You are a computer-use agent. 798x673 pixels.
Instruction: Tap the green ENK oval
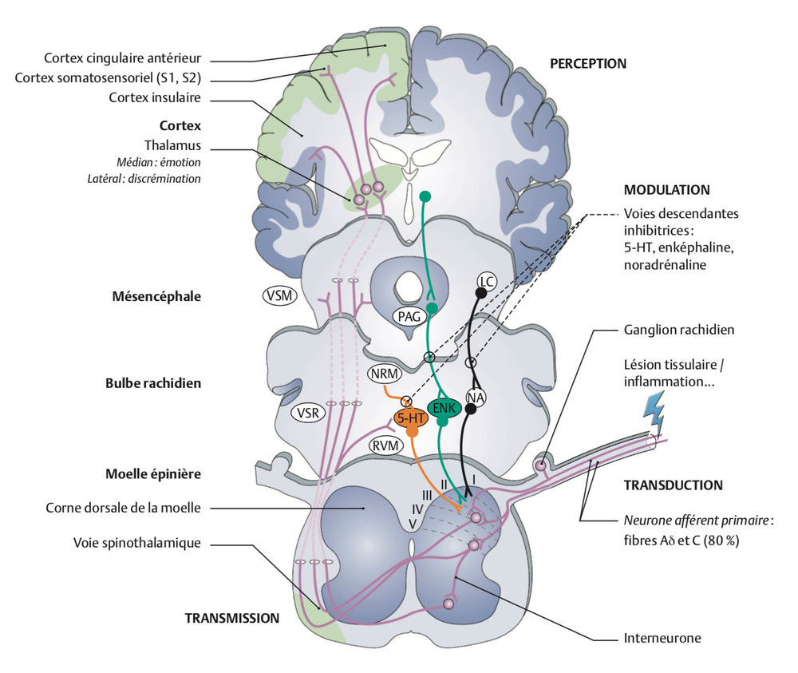(443, 408)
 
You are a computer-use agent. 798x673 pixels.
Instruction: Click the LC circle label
(486, 281)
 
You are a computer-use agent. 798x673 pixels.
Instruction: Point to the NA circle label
(476, 397)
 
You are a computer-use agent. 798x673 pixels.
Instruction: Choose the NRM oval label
(382, 373)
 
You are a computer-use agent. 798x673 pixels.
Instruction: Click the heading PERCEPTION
(587, 63)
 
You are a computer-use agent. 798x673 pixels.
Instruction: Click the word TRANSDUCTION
(673, 485)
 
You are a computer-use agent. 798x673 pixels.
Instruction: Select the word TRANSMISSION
(232, 617)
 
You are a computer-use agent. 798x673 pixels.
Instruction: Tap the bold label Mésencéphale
(157, 296)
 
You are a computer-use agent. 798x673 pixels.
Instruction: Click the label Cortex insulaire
(153, 97)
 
